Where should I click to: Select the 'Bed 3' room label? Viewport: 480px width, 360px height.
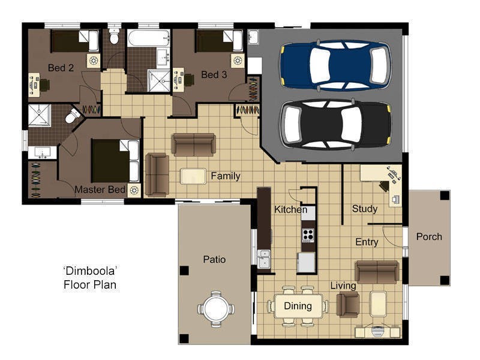point(214,74)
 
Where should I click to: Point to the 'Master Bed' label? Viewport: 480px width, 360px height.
point(100,190)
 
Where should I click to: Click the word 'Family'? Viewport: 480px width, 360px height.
point(225,176)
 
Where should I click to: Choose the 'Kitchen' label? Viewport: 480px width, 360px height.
point(290,209)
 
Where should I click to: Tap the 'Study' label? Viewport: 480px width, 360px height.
point(364,209)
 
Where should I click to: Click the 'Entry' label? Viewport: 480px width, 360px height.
point(367,242)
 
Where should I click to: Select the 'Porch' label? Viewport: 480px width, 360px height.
point(429,236)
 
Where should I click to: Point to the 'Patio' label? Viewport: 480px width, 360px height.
point(214,259)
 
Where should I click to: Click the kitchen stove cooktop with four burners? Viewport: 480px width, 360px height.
point(308,234)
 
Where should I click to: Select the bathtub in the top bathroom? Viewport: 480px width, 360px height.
point(149,41)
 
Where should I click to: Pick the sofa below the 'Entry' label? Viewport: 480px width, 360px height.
point(377,272)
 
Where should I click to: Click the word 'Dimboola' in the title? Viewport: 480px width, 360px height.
point(89,271)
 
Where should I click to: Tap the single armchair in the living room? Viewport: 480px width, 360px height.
point(347,304)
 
